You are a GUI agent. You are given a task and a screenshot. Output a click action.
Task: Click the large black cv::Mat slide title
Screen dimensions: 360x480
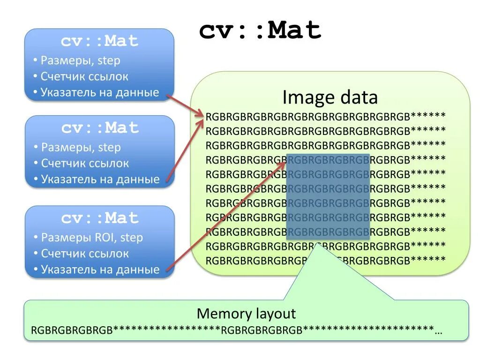(x=260, y=31)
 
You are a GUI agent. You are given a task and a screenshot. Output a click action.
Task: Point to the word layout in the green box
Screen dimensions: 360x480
(x=274, y=314)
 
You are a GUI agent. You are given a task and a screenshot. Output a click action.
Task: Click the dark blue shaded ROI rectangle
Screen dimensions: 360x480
(x=328, y=197)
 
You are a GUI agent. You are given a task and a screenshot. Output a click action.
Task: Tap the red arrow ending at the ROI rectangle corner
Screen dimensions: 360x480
(x=225, y=216)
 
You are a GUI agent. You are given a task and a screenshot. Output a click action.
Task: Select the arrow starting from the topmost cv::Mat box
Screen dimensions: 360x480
(x=185, y=105)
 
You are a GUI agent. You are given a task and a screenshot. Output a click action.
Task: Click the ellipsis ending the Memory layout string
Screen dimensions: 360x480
(x=438, y=330)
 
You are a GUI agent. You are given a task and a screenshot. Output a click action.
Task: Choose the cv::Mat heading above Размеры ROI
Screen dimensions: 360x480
(x=100, y=218)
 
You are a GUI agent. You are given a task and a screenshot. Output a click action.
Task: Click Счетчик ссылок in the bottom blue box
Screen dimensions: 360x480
(x=85, y=254)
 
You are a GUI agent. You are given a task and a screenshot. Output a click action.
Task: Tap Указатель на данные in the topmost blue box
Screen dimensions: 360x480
(x=100, y=92)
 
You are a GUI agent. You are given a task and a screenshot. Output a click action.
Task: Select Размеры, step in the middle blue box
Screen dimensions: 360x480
(x=81, y=147)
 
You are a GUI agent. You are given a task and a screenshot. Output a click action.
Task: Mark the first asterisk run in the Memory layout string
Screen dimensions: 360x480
(x=166, y=330)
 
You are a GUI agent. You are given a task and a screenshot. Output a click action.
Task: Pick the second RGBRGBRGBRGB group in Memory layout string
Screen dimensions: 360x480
(x=262, y=330)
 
